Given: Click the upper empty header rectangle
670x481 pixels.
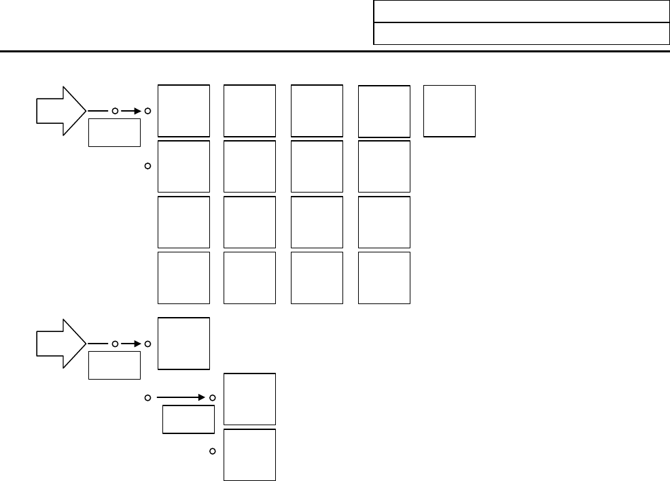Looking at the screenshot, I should [x=521, y=12].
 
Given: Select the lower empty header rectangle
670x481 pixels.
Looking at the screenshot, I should [x=521, y=33].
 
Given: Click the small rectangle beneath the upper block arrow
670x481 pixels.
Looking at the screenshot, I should [x=114, y=132].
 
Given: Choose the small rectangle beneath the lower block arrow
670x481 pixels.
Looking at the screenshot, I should [x=114, y=365].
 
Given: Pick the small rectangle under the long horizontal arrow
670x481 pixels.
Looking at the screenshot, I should [x=188, y=419].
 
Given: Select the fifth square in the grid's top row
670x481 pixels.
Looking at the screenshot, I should [x=449, y=111].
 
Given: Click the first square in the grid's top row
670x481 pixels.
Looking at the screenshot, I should [x=183, y=111].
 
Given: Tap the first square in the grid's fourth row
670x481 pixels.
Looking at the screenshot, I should [x=183, y=278].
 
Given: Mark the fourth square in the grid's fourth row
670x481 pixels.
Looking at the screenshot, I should [x=384, y=278].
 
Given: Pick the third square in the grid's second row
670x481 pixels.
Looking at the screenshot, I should [x=317, y=167].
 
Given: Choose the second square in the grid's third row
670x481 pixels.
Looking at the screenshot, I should [x=250, y=222].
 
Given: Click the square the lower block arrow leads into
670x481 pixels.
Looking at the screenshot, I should [x=183, y=343].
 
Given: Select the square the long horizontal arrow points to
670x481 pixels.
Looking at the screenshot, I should [x=250, y=399].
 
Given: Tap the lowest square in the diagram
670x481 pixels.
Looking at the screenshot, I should [x=250, y=454].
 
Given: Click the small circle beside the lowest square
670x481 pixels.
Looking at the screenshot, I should [x=213, y=451].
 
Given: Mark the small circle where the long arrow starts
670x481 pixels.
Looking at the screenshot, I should [x=147, y=397].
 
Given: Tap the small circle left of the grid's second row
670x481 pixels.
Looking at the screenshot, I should [x=147, y=166].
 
